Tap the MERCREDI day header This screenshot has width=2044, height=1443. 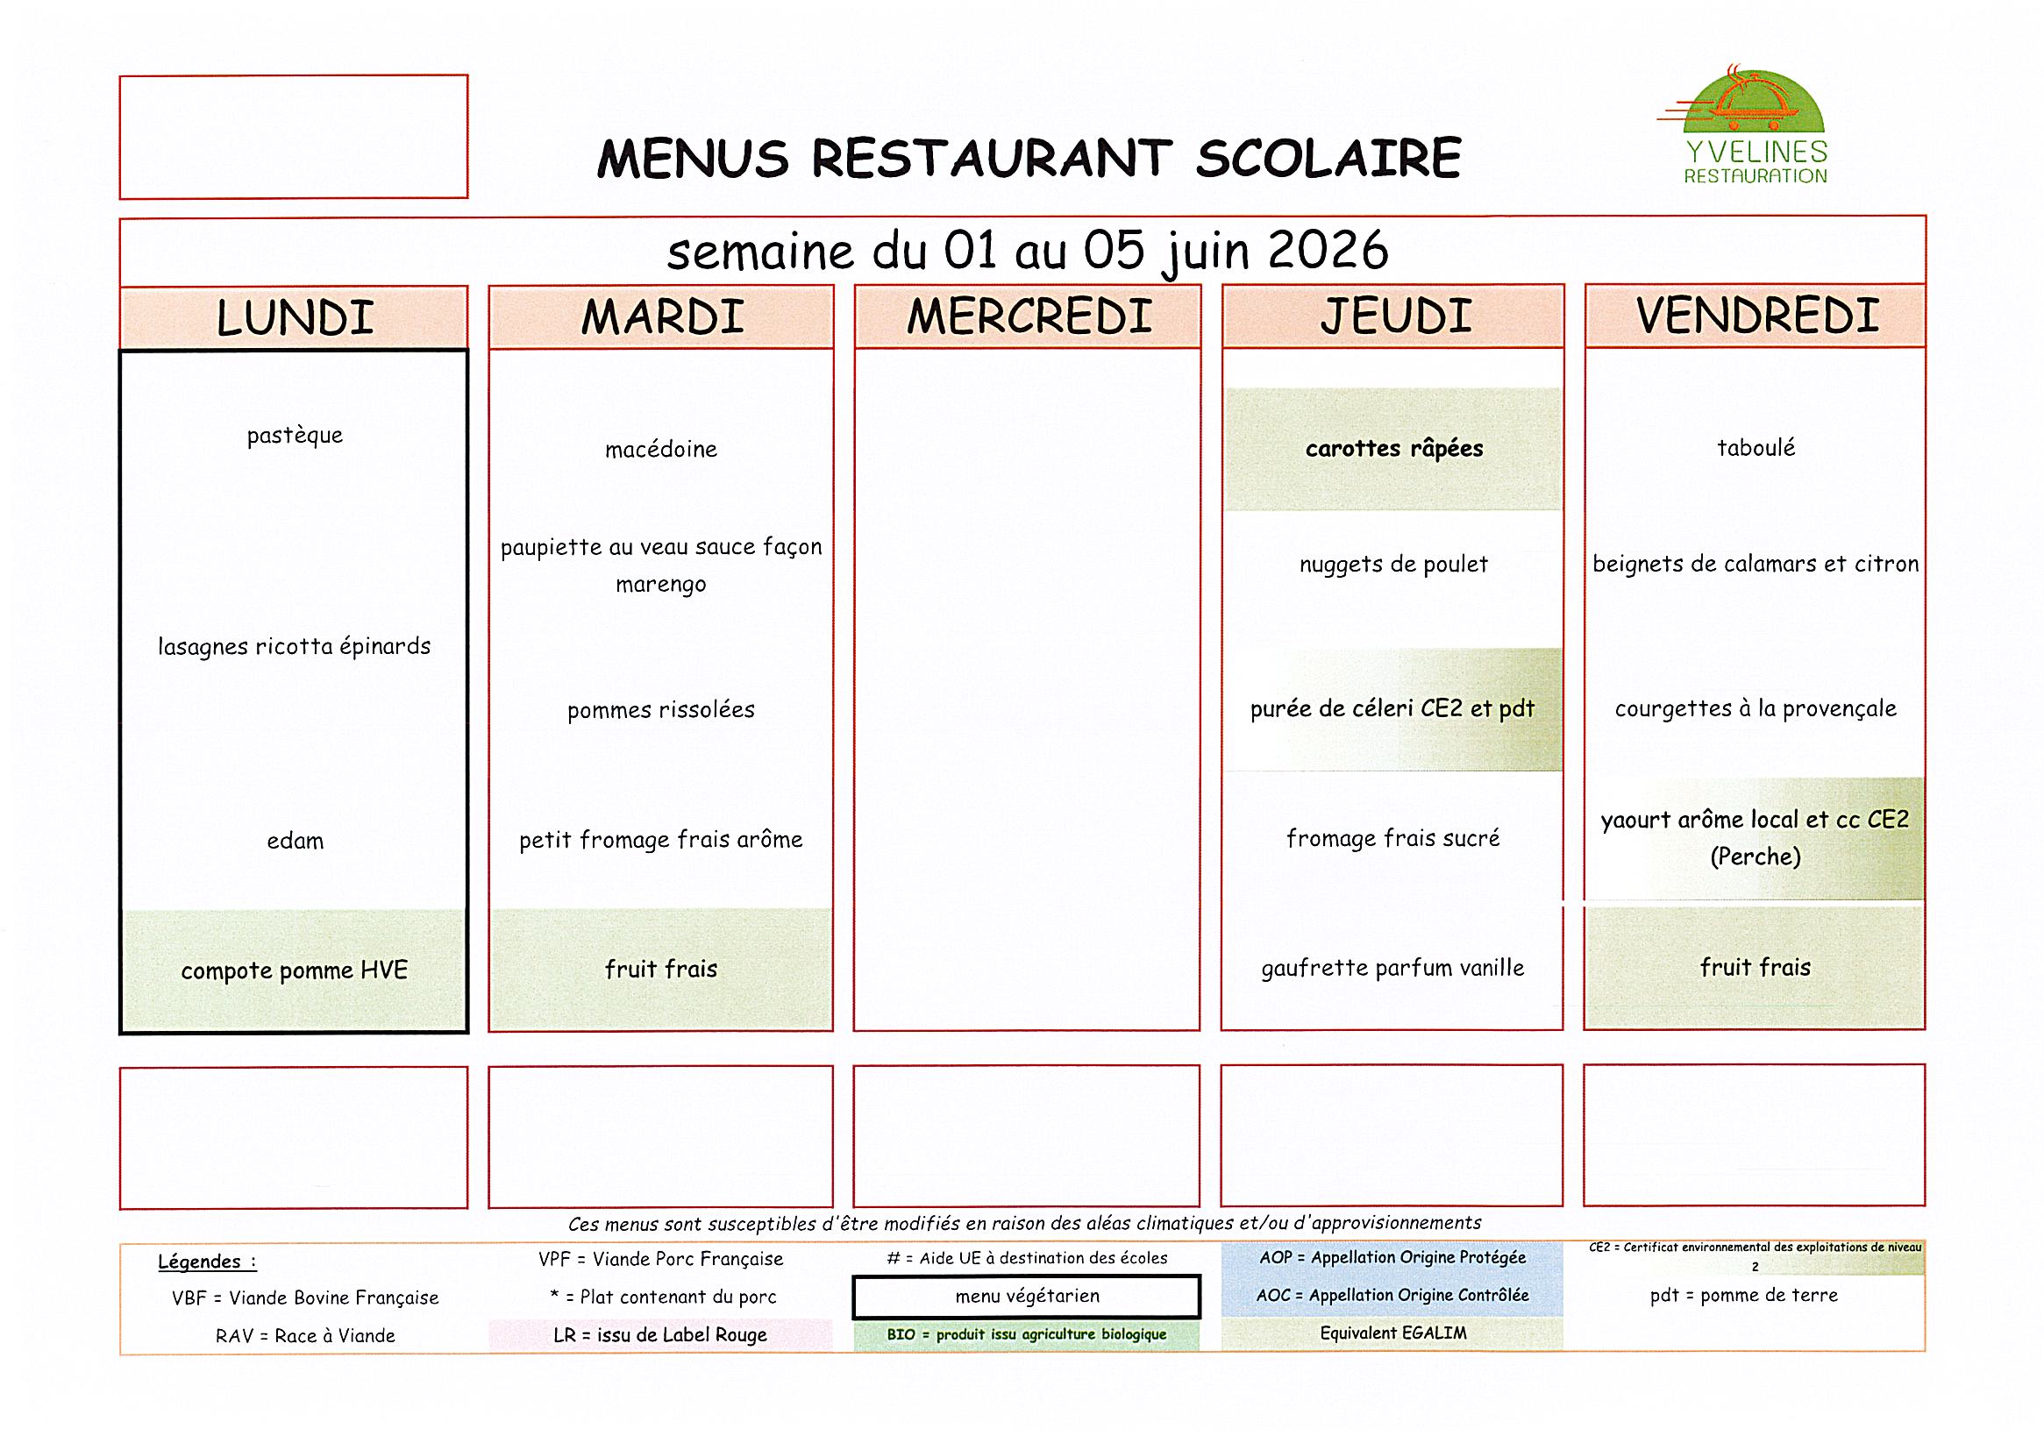1029,316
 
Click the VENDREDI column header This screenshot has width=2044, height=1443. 1756,316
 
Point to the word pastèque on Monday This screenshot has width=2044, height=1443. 295,436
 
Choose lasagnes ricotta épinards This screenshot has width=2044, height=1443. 294,646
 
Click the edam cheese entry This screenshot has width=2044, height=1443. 295,841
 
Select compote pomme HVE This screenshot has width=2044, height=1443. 294,970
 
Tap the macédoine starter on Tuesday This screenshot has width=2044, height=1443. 660,450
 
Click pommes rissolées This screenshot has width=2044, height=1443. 660,709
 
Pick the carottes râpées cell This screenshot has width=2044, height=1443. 1394,449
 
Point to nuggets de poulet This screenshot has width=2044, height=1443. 1393,565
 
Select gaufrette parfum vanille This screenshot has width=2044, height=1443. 1392,968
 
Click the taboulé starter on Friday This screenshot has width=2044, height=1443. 1756,448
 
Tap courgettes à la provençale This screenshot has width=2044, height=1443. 1756,708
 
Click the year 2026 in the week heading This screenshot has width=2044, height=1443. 1328,250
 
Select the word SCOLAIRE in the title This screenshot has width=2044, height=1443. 1328,159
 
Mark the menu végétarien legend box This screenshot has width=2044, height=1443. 1027,1297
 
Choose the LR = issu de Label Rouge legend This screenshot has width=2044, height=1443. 659,1335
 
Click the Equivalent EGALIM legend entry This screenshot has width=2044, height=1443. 1392,1333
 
